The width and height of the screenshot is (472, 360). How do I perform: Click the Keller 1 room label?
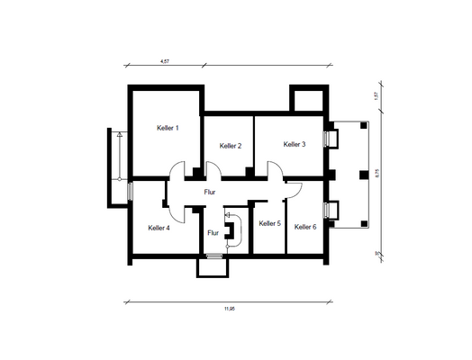point(168,129)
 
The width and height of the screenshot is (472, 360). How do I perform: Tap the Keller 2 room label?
point(231,146)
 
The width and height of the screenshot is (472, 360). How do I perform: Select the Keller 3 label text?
point(295,144)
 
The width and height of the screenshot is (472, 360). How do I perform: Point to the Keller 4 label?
point(159,229)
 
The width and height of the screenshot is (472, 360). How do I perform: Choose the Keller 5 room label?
point(269,223)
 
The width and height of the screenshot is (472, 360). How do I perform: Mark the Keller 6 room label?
point(305,227)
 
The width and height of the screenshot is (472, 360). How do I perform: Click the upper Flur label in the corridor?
point(210,193)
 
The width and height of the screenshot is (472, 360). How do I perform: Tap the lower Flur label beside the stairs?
point(213,233)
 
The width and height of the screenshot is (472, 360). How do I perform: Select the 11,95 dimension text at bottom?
point(230,309)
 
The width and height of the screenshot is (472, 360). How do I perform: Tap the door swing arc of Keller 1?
point(178,169)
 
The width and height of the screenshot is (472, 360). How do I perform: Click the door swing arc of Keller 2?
point(213,169)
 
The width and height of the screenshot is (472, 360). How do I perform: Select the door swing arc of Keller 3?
point(272,169)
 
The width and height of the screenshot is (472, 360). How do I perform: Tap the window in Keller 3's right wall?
point(330,139)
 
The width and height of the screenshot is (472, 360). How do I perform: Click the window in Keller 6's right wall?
point(330,211)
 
